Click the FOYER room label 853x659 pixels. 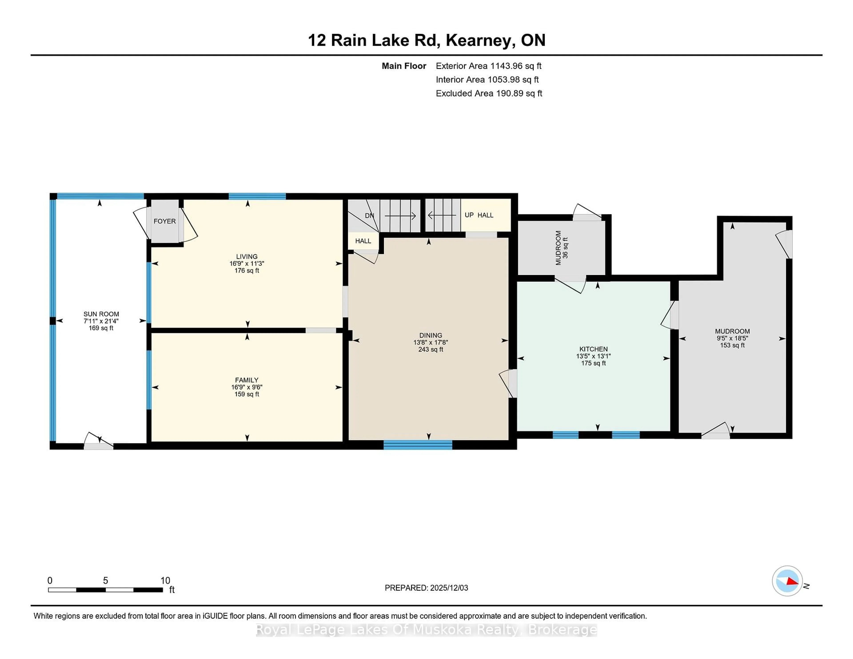pyautogui.click(x=164, y=221)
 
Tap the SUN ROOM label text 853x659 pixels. pyautogui.click(x=101, y=314)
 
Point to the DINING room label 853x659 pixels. pyautogui.click(x=430, y=335)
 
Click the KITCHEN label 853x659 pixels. pyautogui.click(x=593, y=349)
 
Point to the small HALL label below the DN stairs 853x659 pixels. pyautogui.click(x=363, y=241)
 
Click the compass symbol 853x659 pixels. pyautogui.click(x=787, y=581)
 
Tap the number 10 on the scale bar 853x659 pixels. pyautogui.click(x=165, y=581)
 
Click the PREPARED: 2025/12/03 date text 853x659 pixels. pyautogui.click(x=426, y=588)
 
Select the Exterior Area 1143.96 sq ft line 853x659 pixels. pyautogui.click(x=488, y=66)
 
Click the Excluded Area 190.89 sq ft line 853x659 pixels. pyautogui.click(x=489, y=93)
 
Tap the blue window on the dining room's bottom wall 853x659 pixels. pyautogui.click(x=418, y=445)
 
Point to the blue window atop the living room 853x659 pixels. pyautogui.click(x=257, y=196)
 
